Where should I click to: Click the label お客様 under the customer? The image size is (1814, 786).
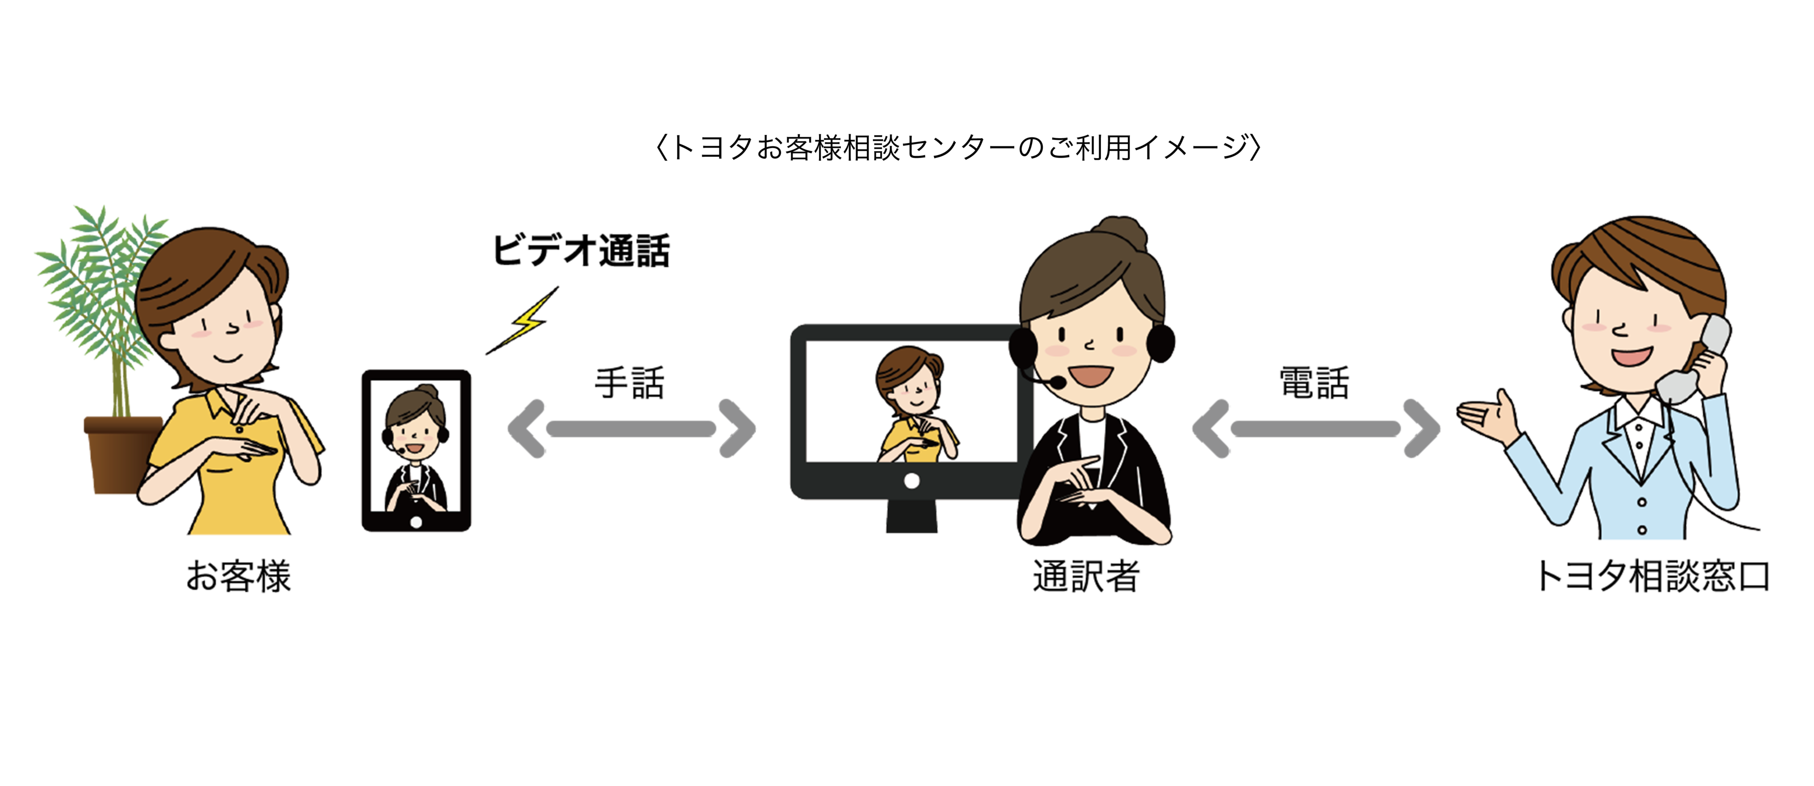[238, 576]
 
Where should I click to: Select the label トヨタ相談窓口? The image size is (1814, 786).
[1651, 576]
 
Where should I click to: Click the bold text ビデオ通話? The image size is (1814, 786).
[581, 251]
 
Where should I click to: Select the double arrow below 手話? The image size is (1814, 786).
[631, 429]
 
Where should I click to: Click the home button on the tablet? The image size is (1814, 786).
[416, 522]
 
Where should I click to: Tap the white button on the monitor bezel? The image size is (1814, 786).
[911, 481]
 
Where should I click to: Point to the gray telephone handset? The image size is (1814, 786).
[1697, 359]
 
